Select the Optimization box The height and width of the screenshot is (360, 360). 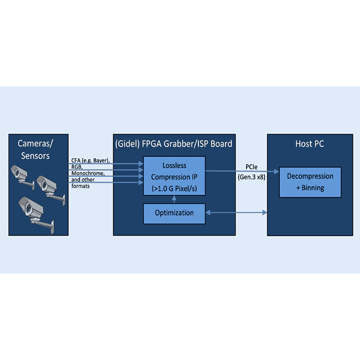[174, 212]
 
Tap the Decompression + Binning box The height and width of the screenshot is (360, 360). [310, 182]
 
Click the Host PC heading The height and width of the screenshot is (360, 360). [310, 143]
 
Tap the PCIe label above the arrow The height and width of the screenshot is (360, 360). [245, 168]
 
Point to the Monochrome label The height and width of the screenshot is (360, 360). [88, 173]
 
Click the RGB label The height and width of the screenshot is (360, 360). [77, 167]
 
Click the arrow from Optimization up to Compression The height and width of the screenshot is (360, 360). [174, 200]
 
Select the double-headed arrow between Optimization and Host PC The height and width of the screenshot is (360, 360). [236, 212]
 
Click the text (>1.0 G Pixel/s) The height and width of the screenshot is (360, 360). [174, 188]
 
